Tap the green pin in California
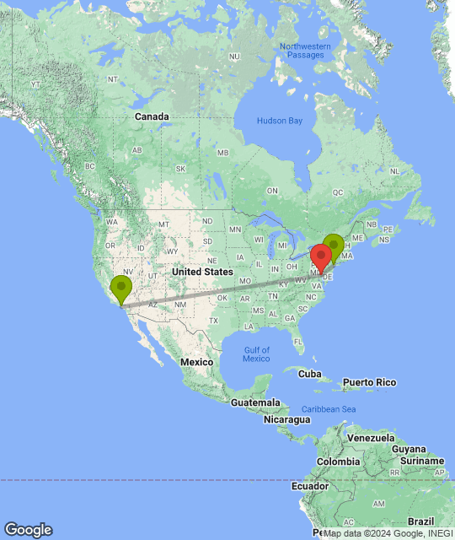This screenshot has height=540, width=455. point(122,288)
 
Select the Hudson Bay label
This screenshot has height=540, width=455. point(279,121)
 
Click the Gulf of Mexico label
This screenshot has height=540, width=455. point(256,354)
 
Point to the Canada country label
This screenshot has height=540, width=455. point(152,116)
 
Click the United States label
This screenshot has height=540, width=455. point(201,272)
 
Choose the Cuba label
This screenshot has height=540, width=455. point(310,374)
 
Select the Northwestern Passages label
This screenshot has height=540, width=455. point(302,50)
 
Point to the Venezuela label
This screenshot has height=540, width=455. point(372,439)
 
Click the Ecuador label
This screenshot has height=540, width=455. point(310,488)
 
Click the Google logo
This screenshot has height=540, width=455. point(27,530)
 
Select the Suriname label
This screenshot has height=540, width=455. point(423,462)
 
